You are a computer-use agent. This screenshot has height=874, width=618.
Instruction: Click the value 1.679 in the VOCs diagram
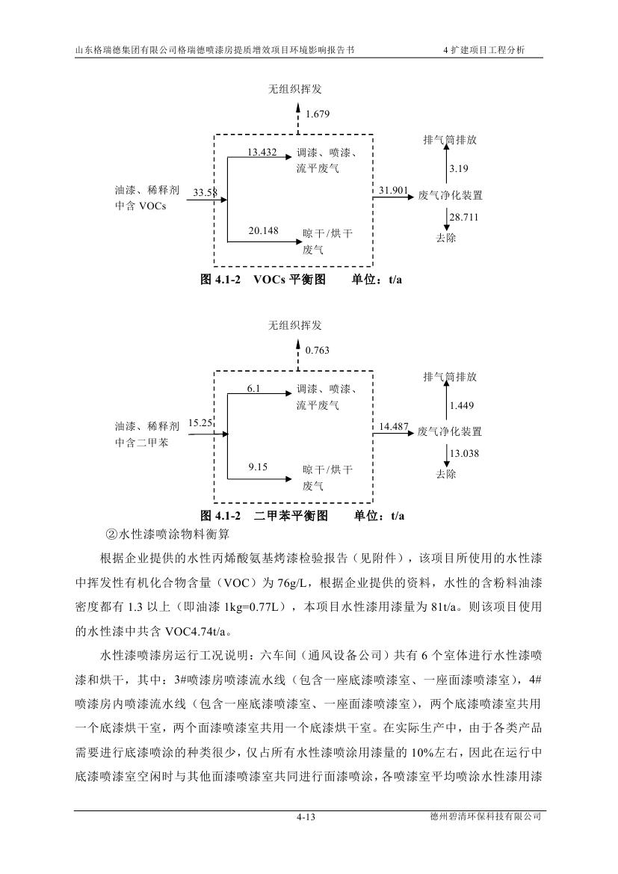[318, 114]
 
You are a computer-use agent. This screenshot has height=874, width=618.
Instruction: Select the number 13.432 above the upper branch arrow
[262, 153]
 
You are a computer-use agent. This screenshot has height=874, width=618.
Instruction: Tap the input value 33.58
[205, 193]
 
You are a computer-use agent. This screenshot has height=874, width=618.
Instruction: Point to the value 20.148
[263, 231]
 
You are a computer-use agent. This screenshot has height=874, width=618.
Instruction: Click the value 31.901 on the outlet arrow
[393, 191]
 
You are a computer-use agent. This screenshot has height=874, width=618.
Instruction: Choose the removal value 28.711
[463, 217]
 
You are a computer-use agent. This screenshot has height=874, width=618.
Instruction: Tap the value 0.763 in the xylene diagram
[318, 350]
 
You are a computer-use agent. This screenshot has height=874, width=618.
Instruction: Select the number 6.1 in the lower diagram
[255, 389]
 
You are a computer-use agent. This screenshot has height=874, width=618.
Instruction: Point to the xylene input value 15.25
[201, 422]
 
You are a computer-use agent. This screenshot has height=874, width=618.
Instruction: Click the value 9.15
[258, 467]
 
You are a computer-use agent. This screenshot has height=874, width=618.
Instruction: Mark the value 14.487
[393, 427]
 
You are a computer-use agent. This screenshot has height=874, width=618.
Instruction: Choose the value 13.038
[463, 453]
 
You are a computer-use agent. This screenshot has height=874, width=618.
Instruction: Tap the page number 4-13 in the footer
[307, 818]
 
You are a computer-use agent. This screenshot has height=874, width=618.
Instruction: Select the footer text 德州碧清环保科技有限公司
[481, 817]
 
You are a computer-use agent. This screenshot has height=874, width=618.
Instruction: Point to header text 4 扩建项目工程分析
[483, 50]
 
